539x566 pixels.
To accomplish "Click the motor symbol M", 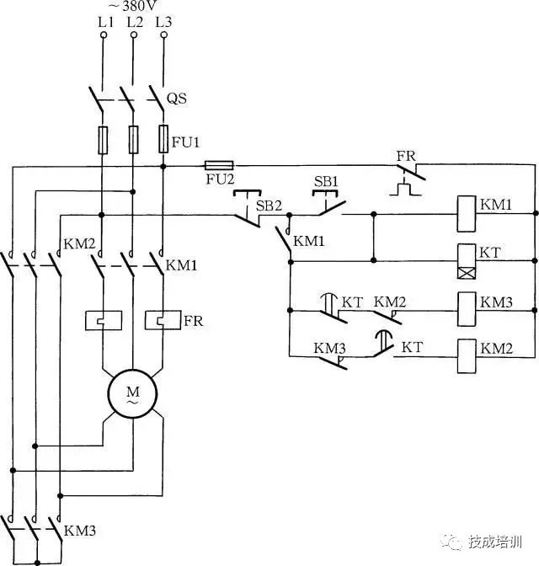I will (133, 393).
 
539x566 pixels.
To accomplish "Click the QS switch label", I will (176, 99).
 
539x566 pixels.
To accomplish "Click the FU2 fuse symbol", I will (220, 166).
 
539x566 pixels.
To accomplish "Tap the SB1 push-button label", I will (326, 182).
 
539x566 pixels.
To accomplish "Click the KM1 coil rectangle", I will (467, 214).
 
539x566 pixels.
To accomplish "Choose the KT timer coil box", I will (467, 262).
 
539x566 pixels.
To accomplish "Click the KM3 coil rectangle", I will (467, 309).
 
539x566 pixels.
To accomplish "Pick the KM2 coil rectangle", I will (467, 355).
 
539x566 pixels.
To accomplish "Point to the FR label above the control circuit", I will (406, 156).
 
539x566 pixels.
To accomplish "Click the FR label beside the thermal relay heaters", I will (194, 321).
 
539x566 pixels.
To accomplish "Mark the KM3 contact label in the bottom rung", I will (329, 346).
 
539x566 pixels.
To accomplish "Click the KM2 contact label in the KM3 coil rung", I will (389, 301).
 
